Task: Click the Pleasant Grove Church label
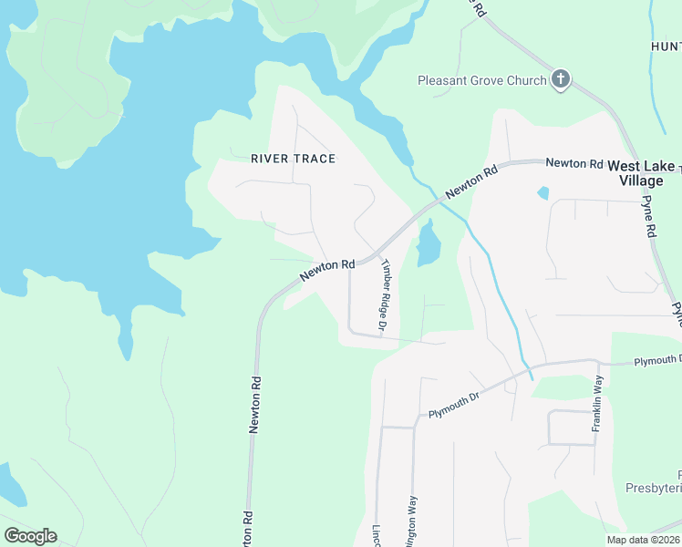[x=481, y=80]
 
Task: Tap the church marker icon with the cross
[x=561, y=80]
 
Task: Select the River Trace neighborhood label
[x=293, y=159]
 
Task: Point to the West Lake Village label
[x=641, y=173]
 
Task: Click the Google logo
[x=30, y=536]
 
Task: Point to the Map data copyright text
[x=643, y=540]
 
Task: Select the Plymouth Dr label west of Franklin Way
[x=453, y=405]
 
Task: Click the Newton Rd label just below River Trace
[x=327, y=271]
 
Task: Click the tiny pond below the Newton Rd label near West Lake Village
[x=543, y=192]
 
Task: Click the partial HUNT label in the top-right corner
[x=666, y=46]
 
